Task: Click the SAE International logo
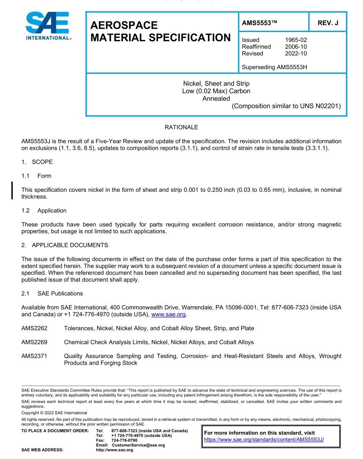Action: pos(47,26)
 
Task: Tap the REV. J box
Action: pos(328,23)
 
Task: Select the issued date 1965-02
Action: pos(296,40)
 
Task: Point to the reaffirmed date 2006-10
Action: pos(296,47)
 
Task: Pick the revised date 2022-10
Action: pos(296,53)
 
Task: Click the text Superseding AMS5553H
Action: pos(274,67)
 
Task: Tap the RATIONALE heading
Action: pos(181,127)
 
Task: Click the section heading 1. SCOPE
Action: pos(37,162)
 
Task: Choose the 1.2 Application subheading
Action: pos(44,210)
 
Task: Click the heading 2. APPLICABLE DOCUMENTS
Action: pos(65,245)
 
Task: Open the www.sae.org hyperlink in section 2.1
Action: pos(169,315)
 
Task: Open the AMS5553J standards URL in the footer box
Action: pos(264,440)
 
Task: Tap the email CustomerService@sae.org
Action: pos(138,445)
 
